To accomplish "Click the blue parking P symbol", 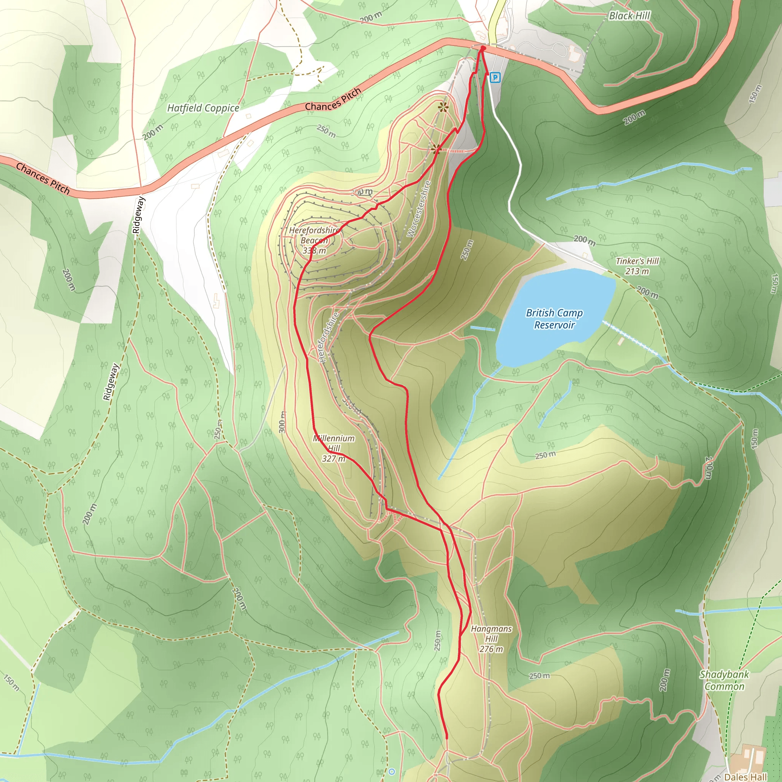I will point(495,77).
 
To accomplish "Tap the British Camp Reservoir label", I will point(554,319).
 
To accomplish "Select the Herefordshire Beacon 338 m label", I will point(314,241).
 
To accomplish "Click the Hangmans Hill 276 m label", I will point(491,639).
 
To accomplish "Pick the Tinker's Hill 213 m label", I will point(637,266).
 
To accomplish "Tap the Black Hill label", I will point(629,16).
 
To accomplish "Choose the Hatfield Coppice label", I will point(203,108).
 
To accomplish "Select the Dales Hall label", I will point(745,777).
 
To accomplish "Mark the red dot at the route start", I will point(483,48).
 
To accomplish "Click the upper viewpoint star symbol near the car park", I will point(444,107).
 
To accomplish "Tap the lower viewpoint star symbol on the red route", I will point(436,150).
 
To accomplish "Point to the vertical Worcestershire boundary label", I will point(419,209).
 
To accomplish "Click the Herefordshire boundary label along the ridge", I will point(328,337).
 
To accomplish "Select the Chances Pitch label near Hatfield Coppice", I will point(333,100).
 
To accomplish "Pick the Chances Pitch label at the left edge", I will point(42,178).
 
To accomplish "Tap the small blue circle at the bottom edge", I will point(391,771).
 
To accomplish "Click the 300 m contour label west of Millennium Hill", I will point(282,422).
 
